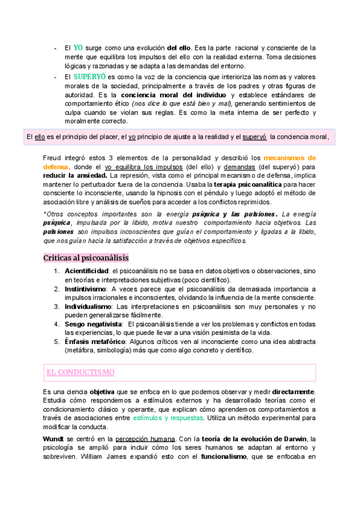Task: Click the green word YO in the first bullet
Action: tap(78, 47)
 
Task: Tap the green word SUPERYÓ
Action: tap(89, 77)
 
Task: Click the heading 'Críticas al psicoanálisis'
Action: tap(86, 258)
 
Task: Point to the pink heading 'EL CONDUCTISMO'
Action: tap(80, 372)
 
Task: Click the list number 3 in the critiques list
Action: tap(57, 307)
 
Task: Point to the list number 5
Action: tap(57, 342)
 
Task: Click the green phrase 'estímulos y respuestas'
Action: tap(167, 418)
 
